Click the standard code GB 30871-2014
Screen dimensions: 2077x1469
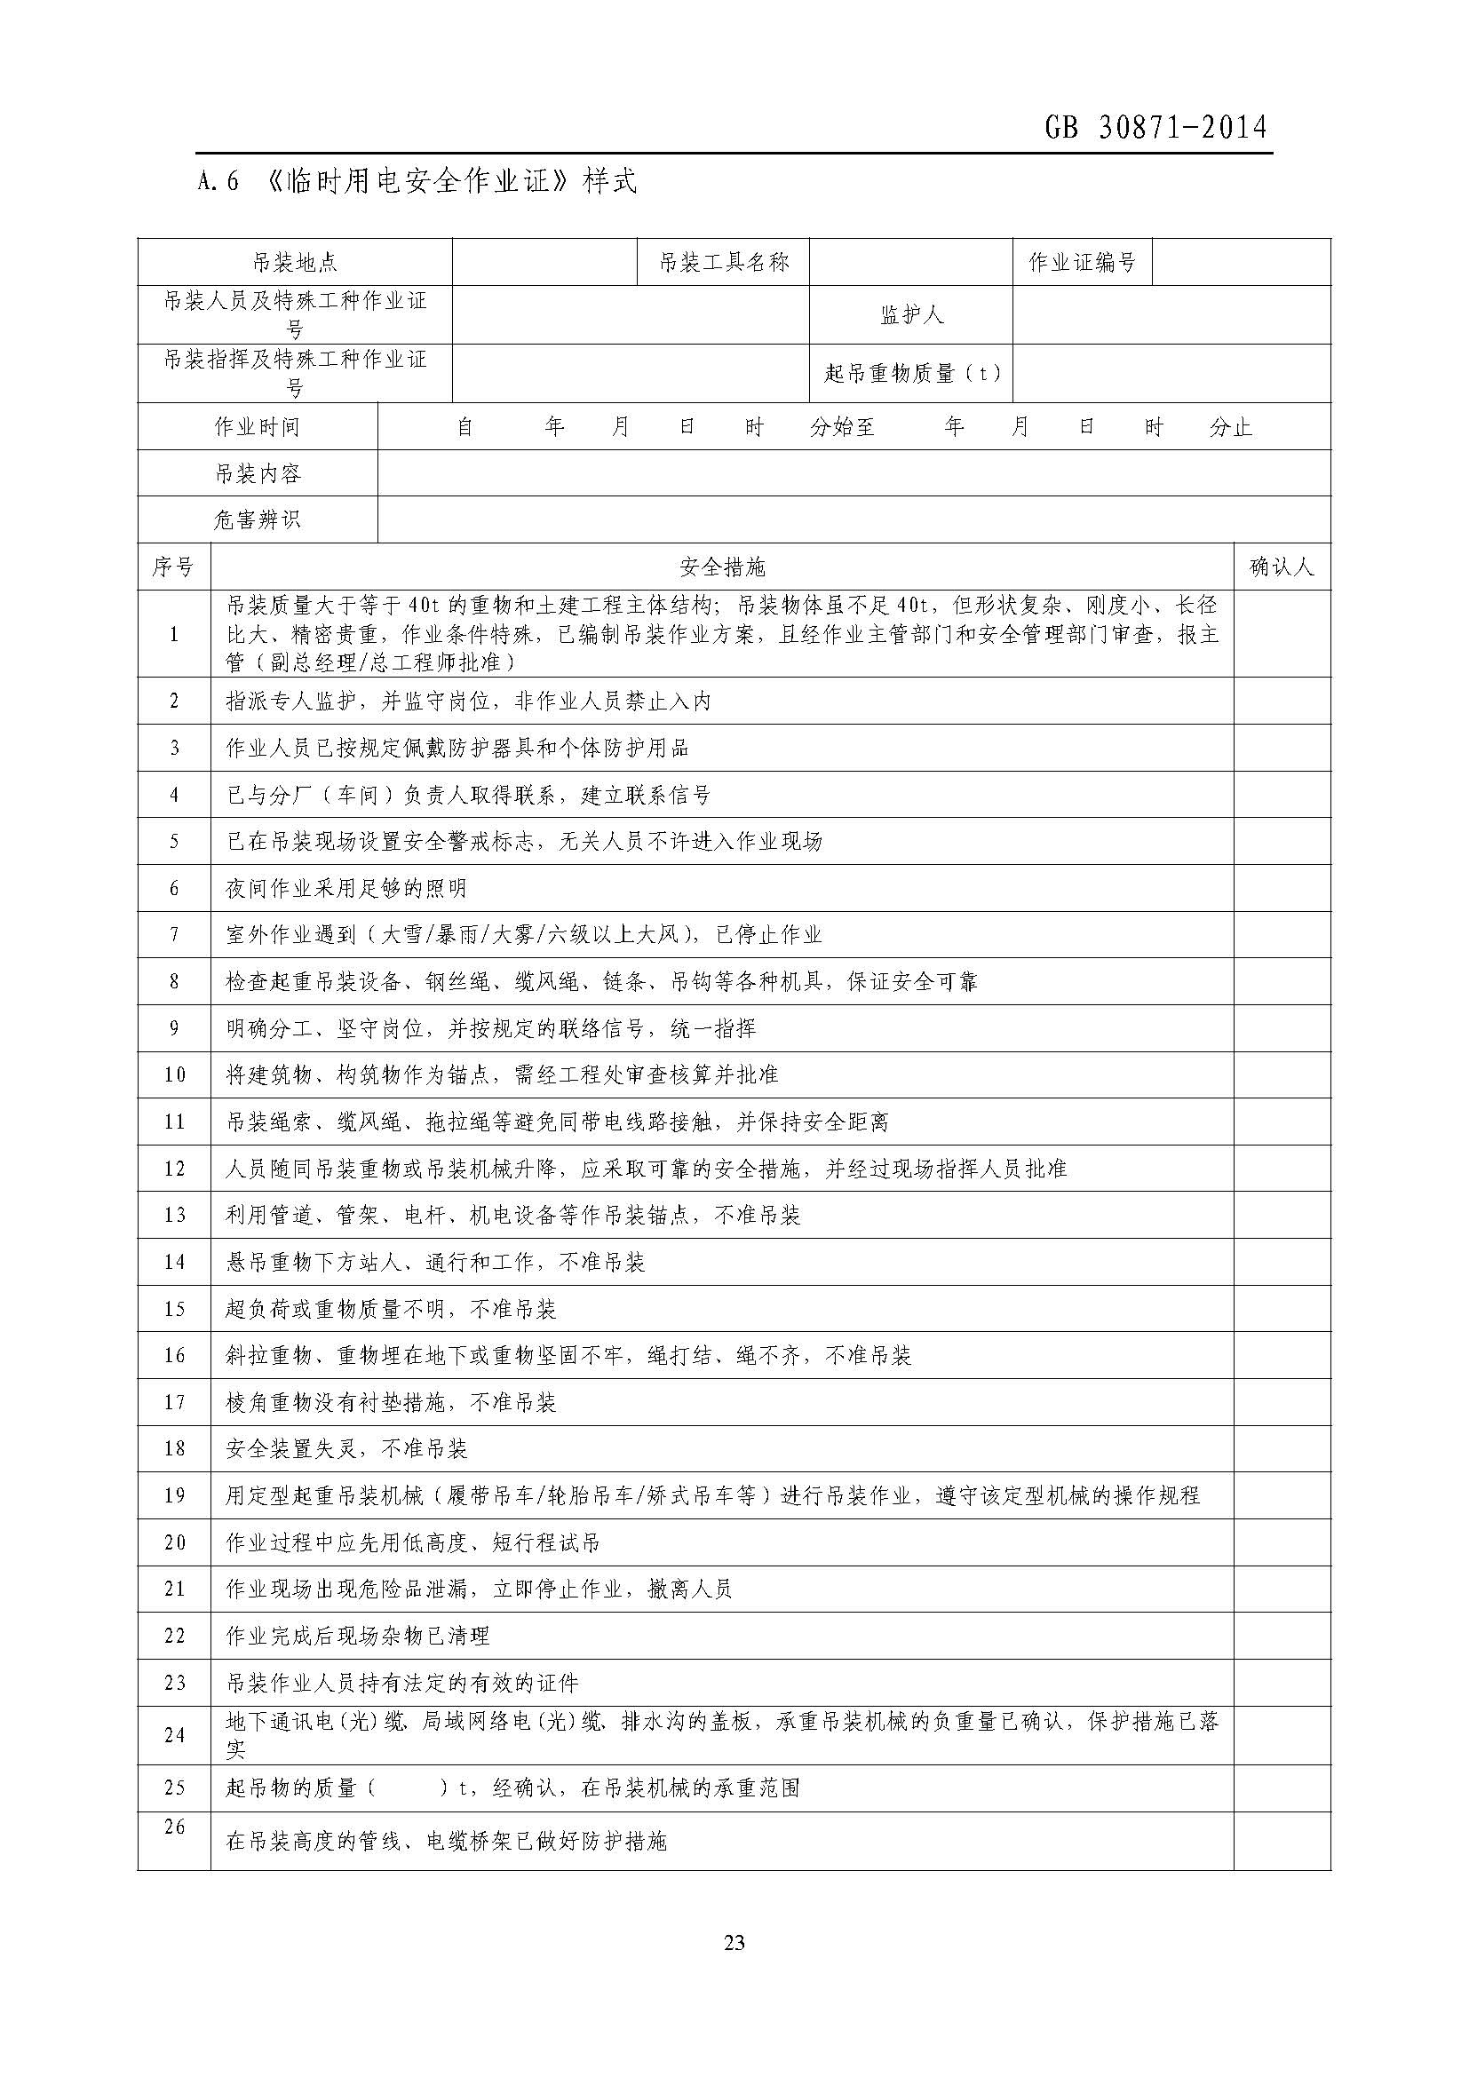click(x=1155, y=128)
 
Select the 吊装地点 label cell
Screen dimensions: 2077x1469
click(x=295, y=262)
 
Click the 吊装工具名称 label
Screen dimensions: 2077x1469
click(x=724, y=262)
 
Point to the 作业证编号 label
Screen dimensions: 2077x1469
click(x=1082, y=262)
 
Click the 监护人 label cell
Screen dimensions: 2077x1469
click(x=911, y=315)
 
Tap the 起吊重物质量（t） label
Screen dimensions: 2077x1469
click(x=911, y=373)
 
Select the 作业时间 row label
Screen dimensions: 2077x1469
click(x=257, y=426)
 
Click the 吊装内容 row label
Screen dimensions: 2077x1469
click(x=257, y=473)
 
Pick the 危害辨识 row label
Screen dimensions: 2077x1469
click(x=257, y=520)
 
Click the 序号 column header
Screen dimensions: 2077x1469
click(x=174, y=567)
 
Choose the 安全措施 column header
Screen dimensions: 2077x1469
click(x=722, y=567)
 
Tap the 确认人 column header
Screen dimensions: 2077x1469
click(x=1281, y=567)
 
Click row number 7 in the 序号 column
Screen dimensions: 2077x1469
click(x=174, y=934)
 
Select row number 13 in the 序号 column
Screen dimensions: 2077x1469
click(x=174, y=1215)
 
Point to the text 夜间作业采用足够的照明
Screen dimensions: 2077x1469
click(x=345, y=888)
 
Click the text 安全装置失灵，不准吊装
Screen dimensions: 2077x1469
click(x=345, y=1449)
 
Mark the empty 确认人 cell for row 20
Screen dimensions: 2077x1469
click(x=1282, y=1542)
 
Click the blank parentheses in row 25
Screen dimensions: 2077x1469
click(x=409, y=1788)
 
